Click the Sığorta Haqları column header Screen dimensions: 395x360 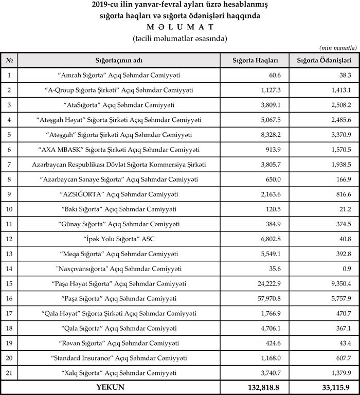256,60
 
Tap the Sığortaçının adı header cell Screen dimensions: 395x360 119,60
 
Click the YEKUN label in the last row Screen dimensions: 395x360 110,387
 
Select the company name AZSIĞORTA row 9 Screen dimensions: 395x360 119,194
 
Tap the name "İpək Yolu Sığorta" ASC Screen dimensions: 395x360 119,239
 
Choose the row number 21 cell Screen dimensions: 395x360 9,372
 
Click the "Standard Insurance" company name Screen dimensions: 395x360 119,357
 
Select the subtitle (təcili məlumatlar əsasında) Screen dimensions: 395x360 179,38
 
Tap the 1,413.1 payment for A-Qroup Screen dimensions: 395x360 340,90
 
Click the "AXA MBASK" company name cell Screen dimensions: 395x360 119,150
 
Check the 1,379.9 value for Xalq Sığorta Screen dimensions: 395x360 340,372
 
